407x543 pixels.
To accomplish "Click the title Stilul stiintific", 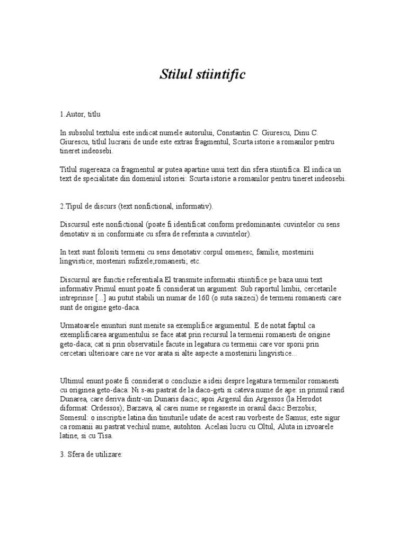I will click(x=203, y=74).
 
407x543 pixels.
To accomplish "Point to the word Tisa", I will click(x=105, y=436).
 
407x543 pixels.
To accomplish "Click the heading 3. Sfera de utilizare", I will click(x=91, y=454).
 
